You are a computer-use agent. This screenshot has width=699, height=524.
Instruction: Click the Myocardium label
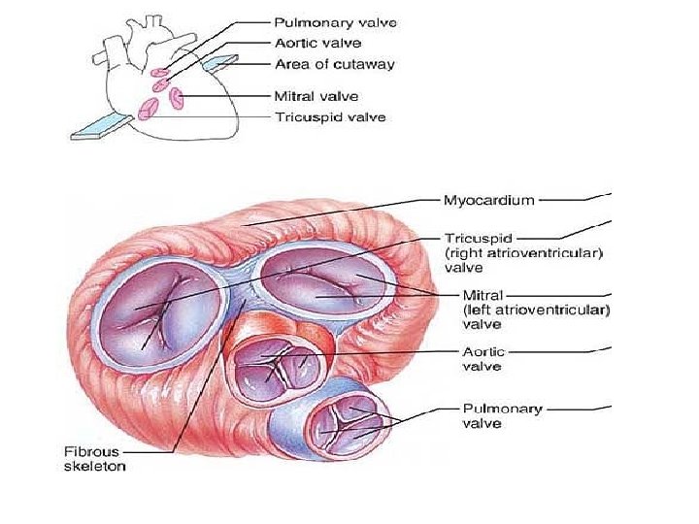click(488, 201)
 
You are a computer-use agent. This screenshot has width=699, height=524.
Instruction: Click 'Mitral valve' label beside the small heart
click(316, 96)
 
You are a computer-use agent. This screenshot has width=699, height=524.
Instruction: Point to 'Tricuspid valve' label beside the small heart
click(330, 117)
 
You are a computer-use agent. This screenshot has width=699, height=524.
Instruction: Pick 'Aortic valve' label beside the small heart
click(316, 43)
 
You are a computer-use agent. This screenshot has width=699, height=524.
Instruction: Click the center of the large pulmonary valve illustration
click(340, 423)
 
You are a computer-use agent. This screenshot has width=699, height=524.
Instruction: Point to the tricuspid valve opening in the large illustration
click(161, 303)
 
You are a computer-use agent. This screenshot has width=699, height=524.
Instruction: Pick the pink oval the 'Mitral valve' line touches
click(178, 97)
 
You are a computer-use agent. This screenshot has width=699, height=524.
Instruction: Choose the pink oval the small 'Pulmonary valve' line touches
click(160, 71)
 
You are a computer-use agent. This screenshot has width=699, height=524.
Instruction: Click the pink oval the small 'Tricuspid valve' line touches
click(149, 108)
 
